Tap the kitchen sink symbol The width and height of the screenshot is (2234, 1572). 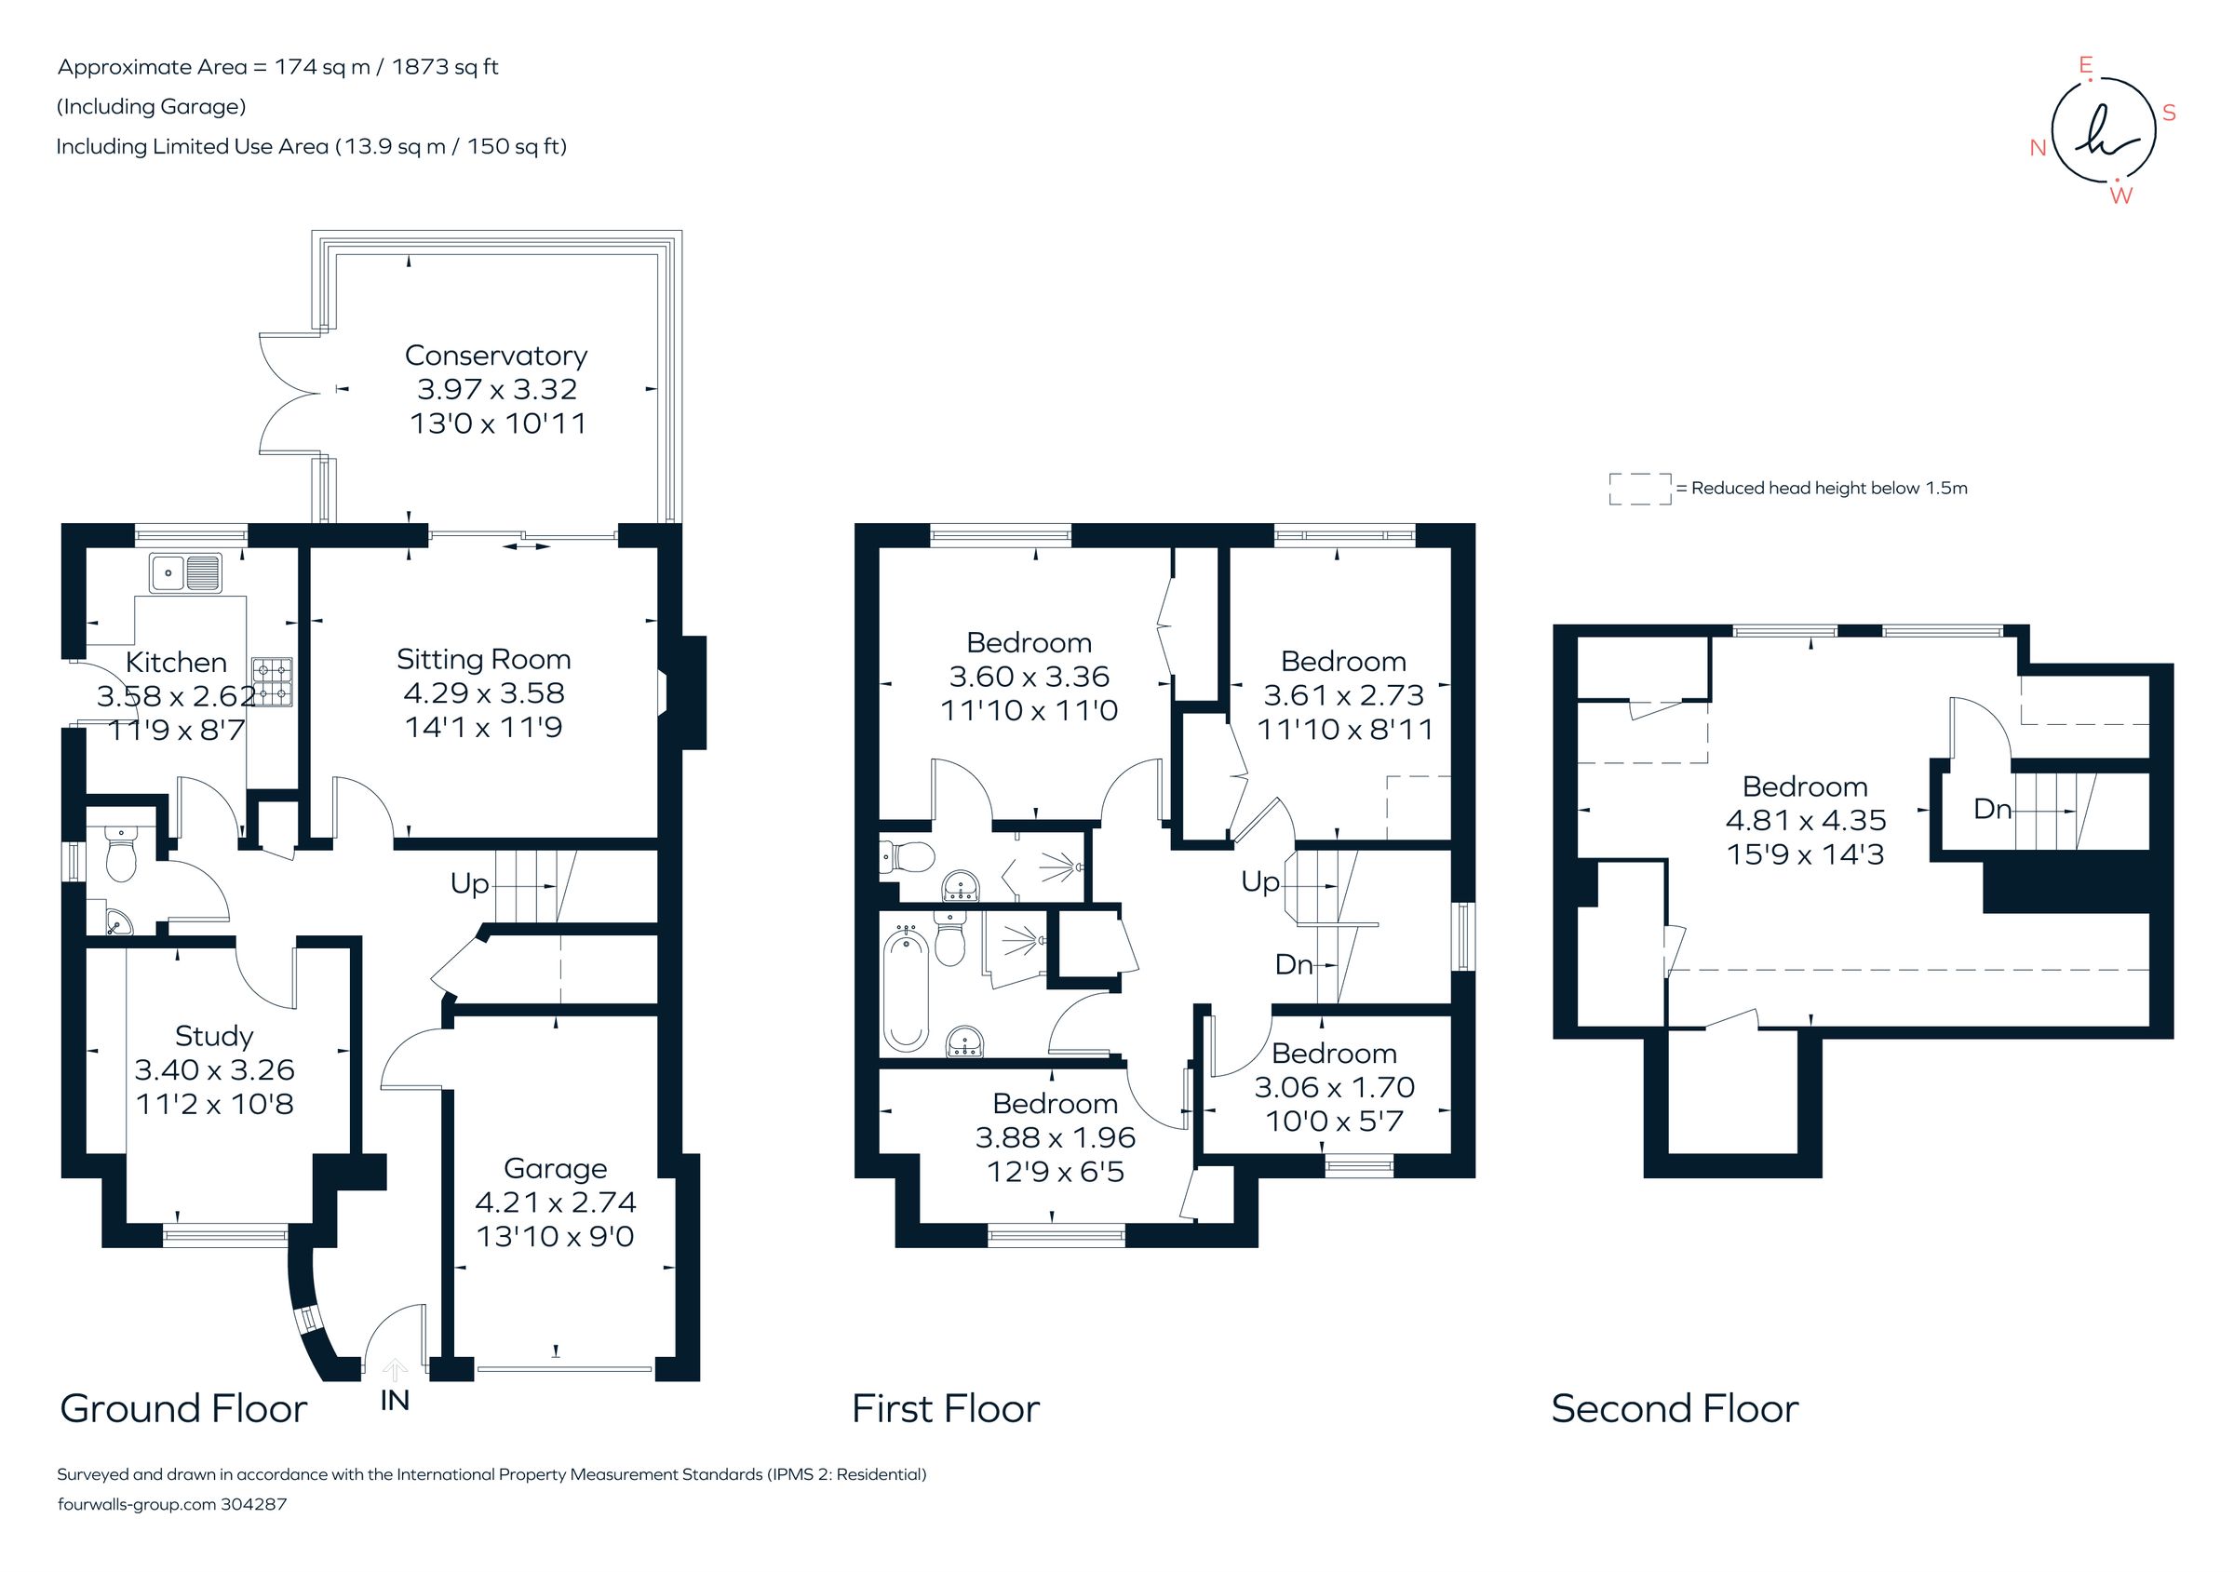(x=186, y=572)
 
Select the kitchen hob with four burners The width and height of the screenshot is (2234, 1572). (x=273, y=681)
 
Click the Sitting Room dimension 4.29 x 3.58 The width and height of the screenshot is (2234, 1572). (x=484, y=692)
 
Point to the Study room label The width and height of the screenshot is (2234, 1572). (x=214, y=1035)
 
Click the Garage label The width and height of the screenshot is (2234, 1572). (x=555, y=1167)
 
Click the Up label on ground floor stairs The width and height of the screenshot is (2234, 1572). (x=469, y=883)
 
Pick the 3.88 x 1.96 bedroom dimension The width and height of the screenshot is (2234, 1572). (x=1055, y=1137)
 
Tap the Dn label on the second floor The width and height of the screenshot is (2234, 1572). (x=1992, y=809)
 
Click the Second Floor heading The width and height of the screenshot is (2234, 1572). (x=1674, y=1408)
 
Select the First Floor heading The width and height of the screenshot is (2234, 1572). (x=945, y=1408)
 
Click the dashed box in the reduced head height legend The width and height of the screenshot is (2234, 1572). (x=1639, y=489)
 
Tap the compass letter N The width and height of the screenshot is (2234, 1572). (x=2038, y=148)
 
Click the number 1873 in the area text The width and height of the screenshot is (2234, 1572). (x=420, y=67)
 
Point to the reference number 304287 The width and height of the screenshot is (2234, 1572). (x=254, y=1504)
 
